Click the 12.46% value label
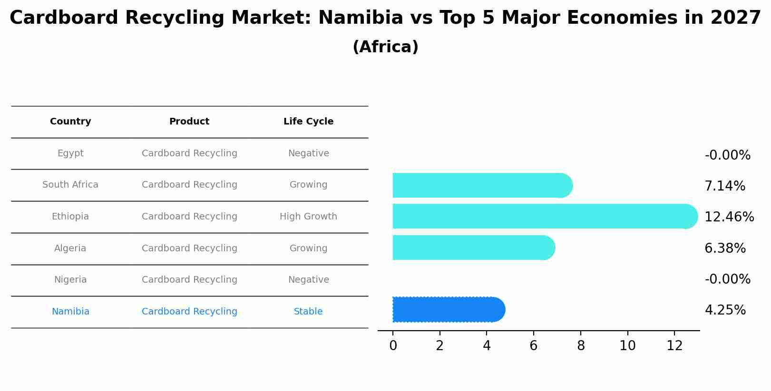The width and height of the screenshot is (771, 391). pyautogui.click(x=729, y=217)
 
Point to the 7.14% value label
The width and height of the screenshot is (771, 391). pyautogui.click(x=724, y=186)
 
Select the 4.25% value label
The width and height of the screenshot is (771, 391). pyautogui.click(x=725, y=310)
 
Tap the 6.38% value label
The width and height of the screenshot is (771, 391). pyautogui.click(x=725, y=248)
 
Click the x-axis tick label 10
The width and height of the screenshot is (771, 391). pyautogui.click(x=627, y=346)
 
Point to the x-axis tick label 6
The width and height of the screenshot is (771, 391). pyautogui.click(x=533, y=346)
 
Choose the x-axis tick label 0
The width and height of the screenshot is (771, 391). pyautogui.click(x=393, y=346)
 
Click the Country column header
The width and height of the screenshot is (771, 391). pyautogui.click(x=70, y=122)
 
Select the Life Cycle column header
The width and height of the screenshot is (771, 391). pyautogui.click(x=308, y=122)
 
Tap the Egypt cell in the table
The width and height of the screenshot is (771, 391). pyautogui.click(x=70, y=153)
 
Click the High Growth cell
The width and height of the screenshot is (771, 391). pyautogui.click(x=308, y=217)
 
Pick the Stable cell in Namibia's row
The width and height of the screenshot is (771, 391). pyautogui.click(x=308, y=312)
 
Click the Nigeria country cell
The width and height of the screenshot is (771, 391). pyautogui.click(x=70, y=280)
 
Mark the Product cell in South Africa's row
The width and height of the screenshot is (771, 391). pyautogui.click(x=189, y=185)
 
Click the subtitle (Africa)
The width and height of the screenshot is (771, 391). pyautogui.click(x=385, y=47)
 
